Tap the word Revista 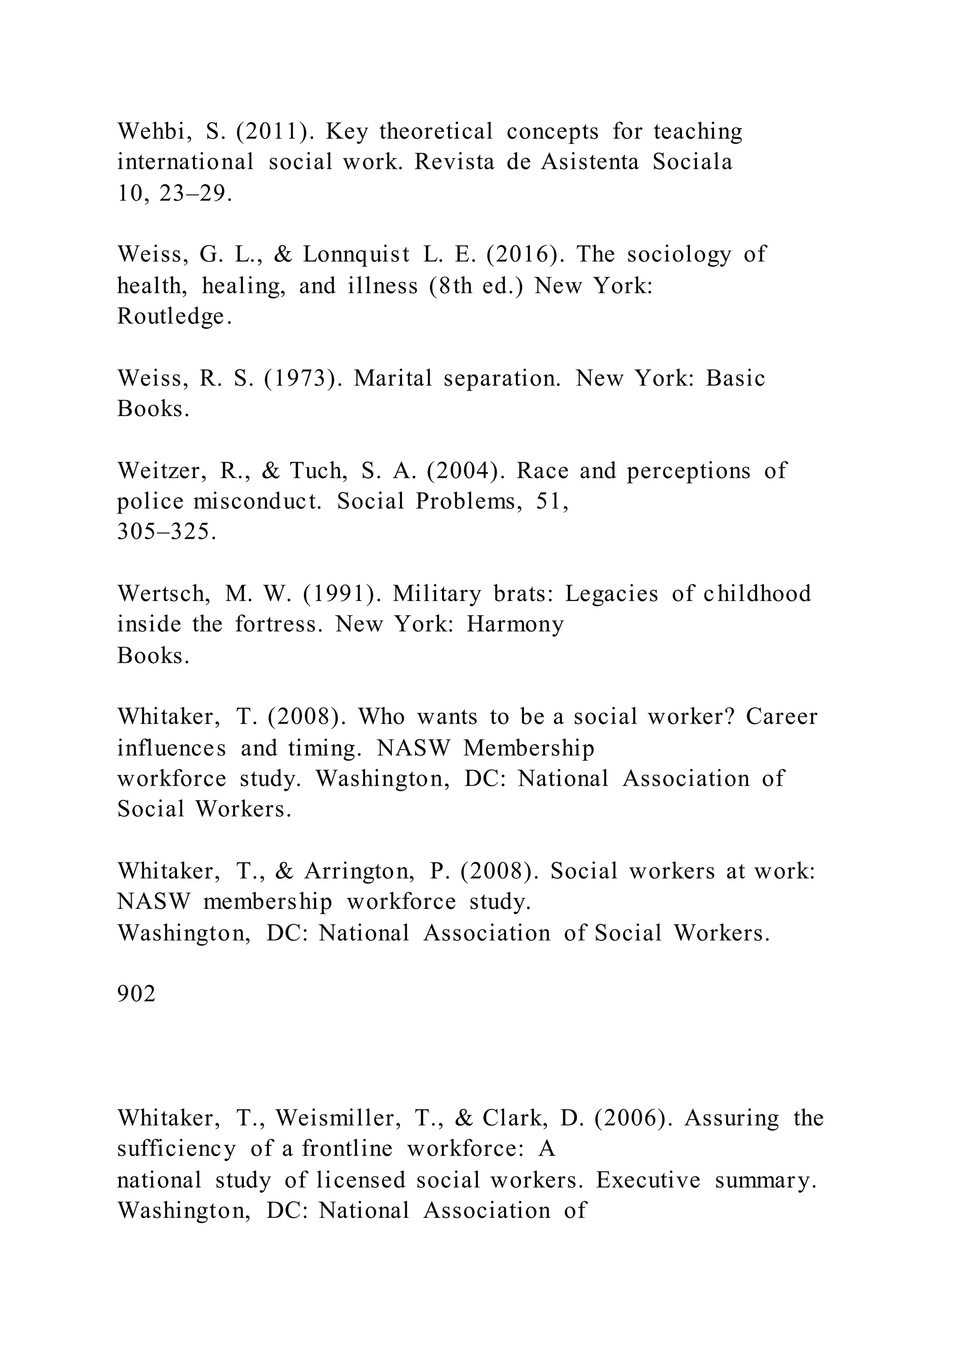[454, 162]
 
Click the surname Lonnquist [356, 255]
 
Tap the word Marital [392, 378]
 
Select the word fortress [279, 624]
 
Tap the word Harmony [515, 624]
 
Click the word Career [782, 717]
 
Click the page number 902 [136, 994]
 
